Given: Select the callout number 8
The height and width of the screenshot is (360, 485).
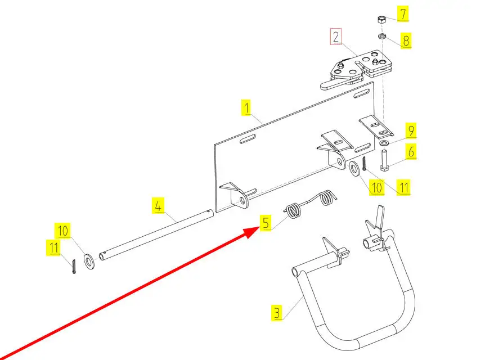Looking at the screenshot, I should [x=405, y=40].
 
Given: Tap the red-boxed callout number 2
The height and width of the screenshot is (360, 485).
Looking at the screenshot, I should [x=336, y=38].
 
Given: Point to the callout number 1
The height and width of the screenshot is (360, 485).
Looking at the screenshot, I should [x=246, y=107].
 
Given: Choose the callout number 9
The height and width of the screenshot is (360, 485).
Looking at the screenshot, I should [x=411, y=132].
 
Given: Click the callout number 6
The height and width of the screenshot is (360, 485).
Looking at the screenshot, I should [x=411, y=151].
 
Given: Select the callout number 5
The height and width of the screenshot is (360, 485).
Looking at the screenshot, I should [x=266, y=222].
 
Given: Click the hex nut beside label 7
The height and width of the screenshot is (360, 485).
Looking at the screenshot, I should [x=380, y=20].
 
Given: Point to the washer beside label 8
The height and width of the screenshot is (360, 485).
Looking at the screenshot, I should [x=381, y=37].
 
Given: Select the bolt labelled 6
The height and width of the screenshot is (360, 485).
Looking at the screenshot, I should [x=384, y=159].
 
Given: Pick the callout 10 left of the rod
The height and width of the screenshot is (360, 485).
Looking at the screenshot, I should [x=63, y=231].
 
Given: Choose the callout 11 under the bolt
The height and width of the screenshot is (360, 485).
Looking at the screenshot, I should [x=402, y=187].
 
